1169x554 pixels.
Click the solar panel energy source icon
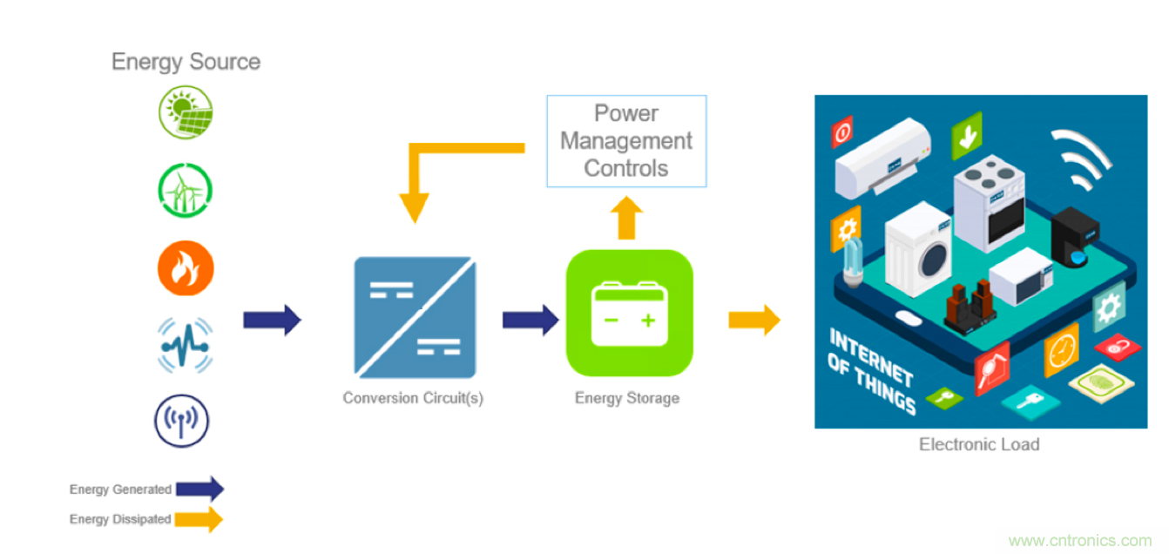click(x=186, y=112)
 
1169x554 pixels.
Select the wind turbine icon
click(x=186, y=189)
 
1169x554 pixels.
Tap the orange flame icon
click(x=186, y=267)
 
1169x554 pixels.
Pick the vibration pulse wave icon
click(x=186, y=345)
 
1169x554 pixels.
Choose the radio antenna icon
click(x=182, y=420)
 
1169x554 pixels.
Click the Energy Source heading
click(x=186, y=62)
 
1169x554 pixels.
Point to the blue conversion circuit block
click(x=415, y=317)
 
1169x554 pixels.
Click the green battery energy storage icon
click(x=629, y=313)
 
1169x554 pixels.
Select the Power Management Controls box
click(x=626, y=141)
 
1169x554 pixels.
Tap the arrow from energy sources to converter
click(x=272, y=320)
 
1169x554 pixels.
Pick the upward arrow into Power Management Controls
click(x=626, y=218)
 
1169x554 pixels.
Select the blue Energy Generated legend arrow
click(x=199, y=490)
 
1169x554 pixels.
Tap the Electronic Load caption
click(x=979, y=444)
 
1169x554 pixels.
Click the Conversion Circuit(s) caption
click(x=413, y=398)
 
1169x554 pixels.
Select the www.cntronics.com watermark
click(x=1080, y=541)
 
